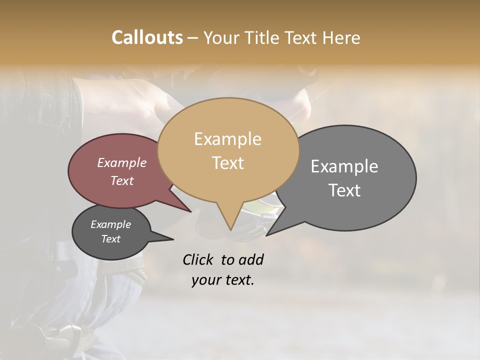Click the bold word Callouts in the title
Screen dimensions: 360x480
coord(147,37)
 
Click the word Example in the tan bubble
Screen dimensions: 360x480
coord(227,139)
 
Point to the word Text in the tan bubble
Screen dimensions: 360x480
coord(227,162)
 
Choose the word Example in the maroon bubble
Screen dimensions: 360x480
coord(122,162)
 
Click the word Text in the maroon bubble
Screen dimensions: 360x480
coord(122,180)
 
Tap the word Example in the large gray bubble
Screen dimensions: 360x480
coord(344,166)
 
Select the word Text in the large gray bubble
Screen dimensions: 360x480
coord(344,190)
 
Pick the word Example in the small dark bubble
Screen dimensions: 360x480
coord(110,224)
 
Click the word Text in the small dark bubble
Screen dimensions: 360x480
coord(110,239)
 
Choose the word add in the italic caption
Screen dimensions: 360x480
coord(251,259)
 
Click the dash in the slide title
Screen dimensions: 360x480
coord(193,38)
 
